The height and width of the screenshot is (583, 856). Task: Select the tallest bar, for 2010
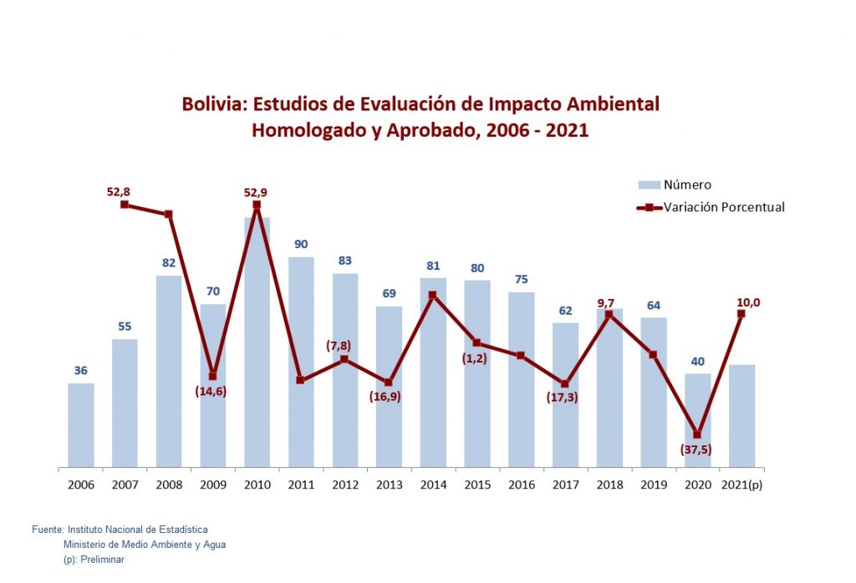(x=257, y=342)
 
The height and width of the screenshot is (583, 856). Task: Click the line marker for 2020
(x=697, y=434)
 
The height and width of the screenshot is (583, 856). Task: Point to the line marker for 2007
(x=125, y=204)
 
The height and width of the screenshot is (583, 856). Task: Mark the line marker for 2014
(x=432, y=295)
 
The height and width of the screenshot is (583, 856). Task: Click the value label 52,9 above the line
(x=256, y=192)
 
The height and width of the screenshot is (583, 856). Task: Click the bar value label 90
(x=301, y=244)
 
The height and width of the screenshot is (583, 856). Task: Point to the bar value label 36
(x=80, y=370)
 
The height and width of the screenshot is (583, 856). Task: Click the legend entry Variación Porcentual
(x=724, y=207)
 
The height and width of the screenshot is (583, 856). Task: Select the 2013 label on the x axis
(x=389, y=484)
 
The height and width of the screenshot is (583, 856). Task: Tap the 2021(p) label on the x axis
(x=742, y=484)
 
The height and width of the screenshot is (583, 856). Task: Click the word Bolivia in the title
(x=214, y=104)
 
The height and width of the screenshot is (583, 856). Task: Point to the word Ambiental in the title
(x=613, y=104)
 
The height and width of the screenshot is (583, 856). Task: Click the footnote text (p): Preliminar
(x=94, y=560)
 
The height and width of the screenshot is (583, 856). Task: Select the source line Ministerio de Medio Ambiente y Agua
(x=144, y=545)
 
